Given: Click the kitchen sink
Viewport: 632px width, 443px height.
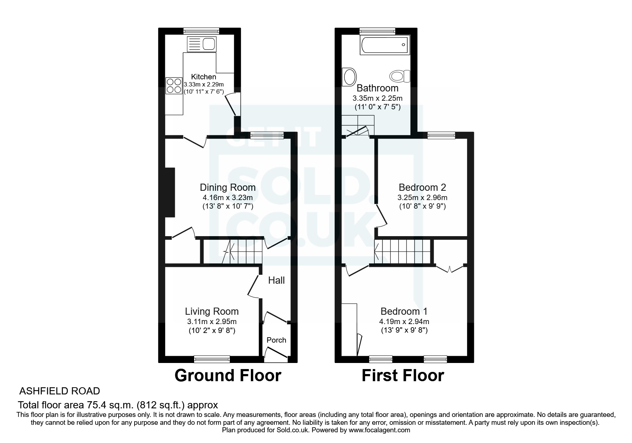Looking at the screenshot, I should pos(201,44).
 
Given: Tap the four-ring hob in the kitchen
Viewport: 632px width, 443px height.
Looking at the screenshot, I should pos(174,86).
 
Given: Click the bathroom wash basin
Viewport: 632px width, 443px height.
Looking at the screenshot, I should pos(349,77).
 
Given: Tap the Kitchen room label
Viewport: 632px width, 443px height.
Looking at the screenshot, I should pos(203,77).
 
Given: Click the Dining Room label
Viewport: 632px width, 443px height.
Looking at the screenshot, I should pos(228,187).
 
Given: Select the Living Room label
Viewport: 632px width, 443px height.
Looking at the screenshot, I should pos(212,311).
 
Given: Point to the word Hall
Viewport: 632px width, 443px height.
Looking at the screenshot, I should pos(276,280).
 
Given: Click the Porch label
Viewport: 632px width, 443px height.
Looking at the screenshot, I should pos(276,340).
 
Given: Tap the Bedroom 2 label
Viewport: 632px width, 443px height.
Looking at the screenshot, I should pos(422,187).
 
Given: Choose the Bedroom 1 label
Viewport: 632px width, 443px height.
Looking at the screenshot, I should pos(404,311).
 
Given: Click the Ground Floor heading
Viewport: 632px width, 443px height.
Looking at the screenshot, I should pos(228,375).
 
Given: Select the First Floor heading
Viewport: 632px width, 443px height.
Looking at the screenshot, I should pos(403,375).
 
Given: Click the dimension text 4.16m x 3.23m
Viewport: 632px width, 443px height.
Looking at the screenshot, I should pos(228,198).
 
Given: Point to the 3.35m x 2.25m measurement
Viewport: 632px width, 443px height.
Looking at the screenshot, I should pos(378,98).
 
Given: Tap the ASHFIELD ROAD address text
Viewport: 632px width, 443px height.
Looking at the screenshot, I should pos(60,391).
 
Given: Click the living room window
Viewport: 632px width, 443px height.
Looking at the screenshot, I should pos(212,359).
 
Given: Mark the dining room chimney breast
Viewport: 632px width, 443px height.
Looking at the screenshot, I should pos(170,192).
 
